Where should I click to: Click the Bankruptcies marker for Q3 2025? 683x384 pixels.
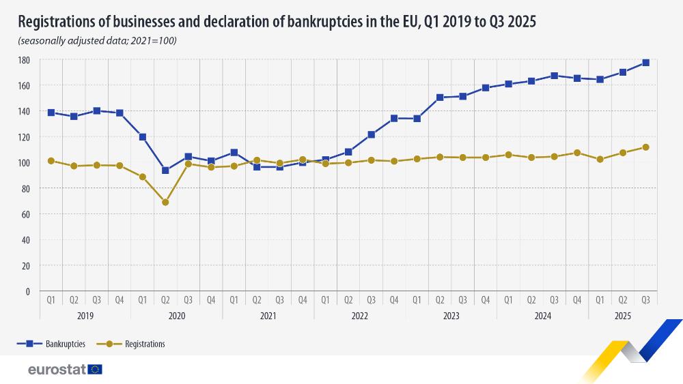645,63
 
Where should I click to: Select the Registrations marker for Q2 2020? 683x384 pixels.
165,203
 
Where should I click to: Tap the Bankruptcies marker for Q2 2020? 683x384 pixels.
165,171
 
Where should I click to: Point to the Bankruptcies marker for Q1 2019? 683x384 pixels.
51,113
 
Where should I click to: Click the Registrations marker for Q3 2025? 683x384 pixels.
645,147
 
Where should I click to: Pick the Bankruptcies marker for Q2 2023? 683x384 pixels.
440,98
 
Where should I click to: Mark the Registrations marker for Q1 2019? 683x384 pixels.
51,161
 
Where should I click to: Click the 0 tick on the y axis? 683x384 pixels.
27,291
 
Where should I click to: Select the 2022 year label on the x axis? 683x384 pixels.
360,316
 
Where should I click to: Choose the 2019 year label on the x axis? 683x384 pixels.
85,316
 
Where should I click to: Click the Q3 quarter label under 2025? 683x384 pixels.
645,299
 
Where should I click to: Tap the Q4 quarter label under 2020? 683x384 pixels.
211,299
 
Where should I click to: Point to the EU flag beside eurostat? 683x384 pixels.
95,369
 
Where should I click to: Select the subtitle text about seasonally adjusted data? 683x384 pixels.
97,41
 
